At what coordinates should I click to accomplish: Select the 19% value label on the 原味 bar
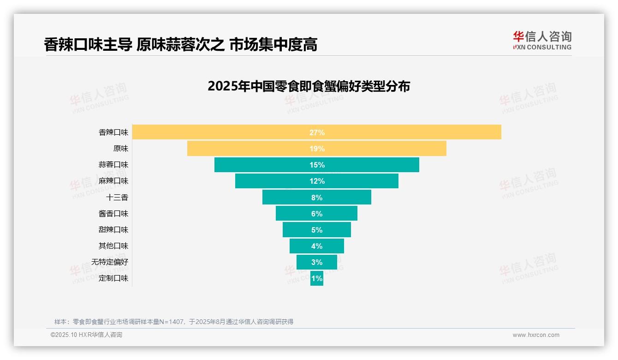tap(317, 149)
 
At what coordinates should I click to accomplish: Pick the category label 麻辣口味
tap(113, 181)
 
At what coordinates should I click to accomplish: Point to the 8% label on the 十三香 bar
tap(317, 198)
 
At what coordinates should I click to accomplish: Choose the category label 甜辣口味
tap(113, 230)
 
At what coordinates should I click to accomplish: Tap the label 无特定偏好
tap(110, 262)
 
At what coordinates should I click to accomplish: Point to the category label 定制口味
tap(113, 279)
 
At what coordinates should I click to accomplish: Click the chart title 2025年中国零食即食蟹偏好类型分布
tap(309, 86)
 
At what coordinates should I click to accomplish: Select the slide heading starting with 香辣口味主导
tap(180, 45)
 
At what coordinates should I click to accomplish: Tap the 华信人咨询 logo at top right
tap(542, 41)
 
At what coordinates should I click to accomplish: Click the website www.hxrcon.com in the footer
tap(536, 335)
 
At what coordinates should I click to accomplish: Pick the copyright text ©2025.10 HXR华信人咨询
tap(86, 335)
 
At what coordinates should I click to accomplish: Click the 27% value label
tap(317, 132)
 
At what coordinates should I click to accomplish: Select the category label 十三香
tap(117, 198)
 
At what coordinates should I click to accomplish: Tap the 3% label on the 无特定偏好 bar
tap(317, 262)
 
